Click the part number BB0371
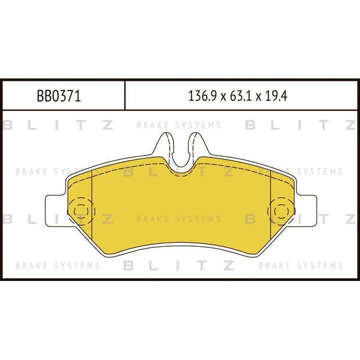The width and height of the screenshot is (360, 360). pyautogui.click(x=59, y=96)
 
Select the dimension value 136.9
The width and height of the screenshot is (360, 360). pyautogui.click(x=202, y=96)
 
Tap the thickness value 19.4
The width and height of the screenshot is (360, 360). pyautogui.click(x=276, y=96)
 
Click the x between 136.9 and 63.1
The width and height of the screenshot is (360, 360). pyautogui.click(x=223, y=97)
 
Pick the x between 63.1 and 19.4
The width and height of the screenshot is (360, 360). pyautogui.click(x=258, y=97)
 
